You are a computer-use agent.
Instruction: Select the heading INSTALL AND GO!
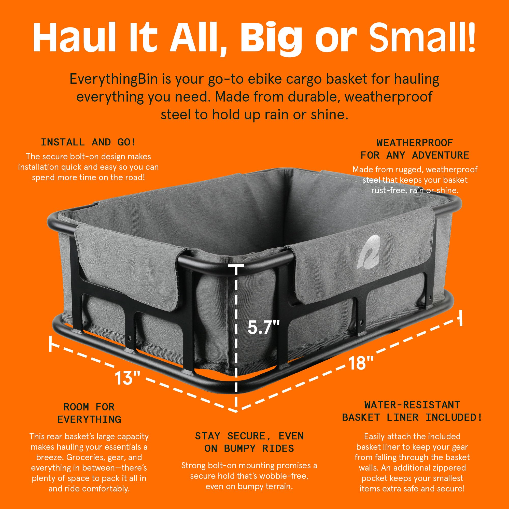coord(88,142)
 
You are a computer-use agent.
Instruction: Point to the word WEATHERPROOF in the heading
coord(415,143)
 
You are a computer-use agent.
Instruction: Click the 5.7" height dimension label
coord(263,328)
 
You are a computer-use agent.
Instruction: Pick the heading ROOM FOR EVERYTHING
coord(89,413)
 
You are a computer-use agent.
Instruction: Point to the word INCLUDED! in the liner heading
coord(454,418)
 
